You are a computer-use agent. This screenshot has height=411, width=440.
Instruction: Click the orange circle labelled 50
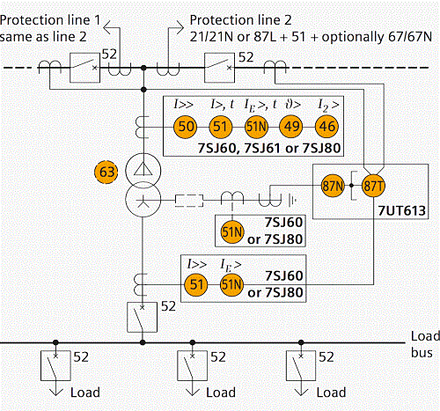pos(186,127)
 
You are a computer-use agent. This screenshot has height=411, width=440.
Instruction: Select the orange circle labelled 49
pos(291,127)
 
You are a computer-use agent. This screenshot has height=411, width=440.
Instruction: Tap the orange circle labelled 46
pos(326,127)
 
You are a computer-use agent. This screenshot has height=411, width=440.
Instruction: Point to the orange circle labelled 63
pos(106,172)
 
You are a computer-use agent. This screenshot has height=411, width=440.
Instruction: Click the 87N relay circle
pos(333,186)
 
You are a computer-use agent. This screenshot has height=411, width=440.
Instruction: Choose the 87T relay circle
pos(373,186)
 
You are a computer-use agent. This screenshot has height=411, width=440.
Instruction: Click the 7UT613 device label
pos(401,210)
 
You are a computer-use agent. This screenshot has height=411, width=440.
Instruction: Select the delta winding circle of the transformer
pos(143,171)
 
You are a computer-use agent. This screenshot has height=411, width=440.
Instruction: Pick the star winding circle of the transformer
pos(143,200)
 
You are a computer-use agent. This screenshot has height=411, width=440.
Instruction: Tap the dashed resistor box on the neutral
pos(189,201)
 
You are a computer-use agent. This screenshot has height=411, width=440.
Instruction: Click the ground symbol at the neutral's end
pos(292,201)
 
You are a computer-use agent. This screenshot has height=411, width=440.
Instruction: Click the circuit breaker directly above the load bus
pos(142,317)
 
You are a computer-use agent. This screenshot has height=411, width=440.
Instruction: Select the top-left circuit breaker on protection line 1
pos(84,68)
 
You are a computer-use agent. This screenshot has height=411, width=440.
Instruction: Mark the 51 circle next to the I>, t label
pos(221,127)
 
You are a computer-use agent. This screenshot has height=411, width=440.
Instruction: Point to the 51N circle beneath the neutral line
pos(232,231)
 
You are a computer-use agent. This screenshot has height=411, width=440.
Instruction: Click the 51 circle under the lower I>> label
pos(196,284)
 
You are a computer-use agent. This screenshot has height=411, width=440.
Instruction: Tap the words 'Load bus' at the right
pos(425,344)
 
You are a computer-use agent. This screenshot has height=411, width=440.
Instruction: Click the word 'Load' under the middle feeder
pos(221,393)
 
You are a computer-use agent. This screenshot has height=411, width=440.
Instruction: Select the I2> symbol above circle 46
pos(328,106)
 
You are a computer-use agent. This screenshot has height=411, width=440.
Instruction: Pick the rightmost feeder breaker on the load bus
pos(301,366)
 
